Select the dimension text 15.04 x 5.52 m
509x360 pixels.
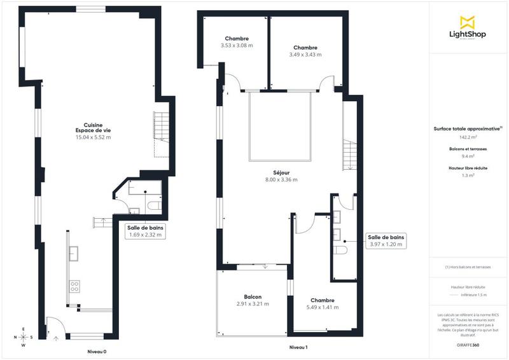pyautogui.click(x=93, y=137)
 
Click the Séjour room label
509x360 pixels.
pyautogui.click(x=280, y=172)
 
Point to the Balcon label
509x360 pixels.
pyautogui.click(x=253, y=297)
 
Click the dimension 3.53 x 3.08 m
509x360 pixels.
pyautogui.click(x=237, y=46)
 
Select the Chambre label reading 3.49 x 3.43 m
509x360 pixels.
pyautogui.click(x=305, y=51)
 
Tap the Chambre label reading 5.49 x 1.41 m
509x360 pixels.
pyautogui.click(x=323, y=303)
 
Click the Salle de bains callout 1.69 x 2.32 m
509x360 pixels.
pyautogui.click(x=145, y=231)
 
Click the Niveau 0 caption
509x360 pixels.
pyautogui.click(x=97, y=351)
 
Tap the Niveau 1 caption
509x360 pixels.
pyautogui.click(x=298, y=347)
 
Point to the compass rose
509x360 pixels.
pyautogui.click(x=24, y=337)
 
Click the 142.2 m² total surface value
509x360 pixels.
pyautogui.click(x=468, y=137)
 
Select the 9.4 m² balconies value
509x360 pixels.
pyautogui.click(x=468, y=156)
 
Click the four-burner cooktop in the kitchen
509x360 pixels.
pyautogui.click(x=74, y=286)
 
